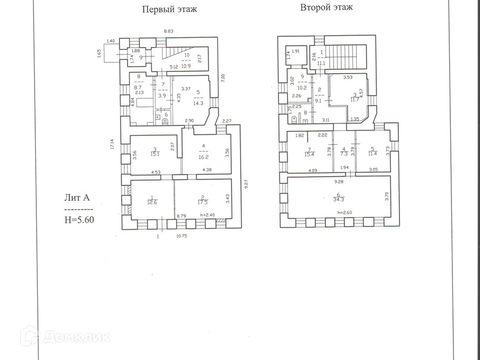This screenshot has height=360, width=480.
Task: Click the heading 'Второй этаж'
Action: pos(326,8)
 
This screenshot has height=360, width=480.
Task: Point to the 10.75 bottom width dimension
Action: pos(185,236)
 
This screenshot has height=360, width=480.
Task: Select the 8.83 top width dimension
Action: pos(169,31)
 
